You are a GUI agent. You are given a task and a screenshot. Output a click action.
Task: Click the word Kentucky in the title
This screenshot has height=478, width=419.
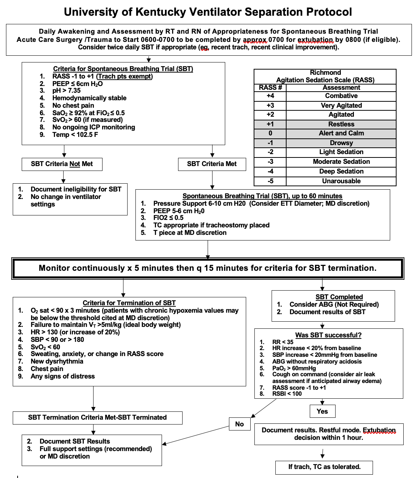pyautogui.click(x=160, y=12)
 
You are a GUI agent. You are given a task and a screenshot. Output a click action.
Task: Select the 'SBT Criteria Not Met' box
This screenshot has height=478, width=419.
pyautogui.click(x=62, y=164)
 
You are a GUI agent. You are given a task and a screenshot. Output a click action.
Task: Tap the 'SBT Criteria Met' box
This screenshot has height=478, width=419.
pyautogui.click(x=212, y=164)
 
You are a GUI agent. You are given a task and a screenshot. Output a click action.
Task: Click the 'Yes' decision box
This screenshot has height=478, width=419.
pyautogui.click(x=322, y=411)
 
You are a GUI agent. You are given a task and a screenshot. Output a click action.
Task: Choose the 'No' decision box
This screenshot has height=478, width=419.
pyautogui.click(x=239, y=424)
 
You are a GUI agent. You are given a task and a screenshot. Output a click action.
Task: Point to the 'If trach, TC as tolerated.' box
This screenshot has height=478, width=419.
pyautogui.click(x=324, y=467)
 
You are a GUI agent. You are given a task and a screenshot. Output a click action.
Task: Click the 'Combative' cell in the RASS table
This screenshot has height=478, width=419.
pyautogui.click(x=341, y=96)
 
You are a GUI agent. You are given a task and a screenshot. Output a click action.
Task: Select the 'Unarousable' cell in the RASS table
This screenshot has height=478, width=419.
pyautogui.click(x=341, y=181)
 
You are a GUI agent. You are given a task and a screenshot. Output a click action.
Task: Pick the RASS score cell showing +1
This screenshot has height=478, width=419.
pyautogui.click(x=270, y=124)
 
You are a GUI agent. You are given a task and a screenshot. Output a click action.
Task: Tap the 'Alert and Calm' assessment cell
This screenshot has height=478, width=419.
pyautogui.click(x=341, y=133)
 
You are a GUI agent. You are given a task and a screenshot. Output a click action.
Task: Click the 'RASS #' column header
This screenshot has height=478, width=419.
pyautogui.click(x=270, y=88)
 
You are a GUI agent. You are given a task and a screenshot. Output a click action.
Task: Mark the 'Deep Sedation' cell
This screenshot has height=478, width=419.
pyautogui.click(x=341, y=171)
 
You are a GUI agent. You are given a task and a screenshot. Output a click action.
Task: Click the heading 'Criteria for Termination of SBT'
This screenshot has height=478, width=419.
pyautogui.click(x=129, y=303)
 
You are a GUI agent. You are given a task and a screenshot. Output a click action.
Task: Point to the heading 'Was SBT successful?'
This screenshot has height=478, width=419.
pyautogui.click(x=328, y=335)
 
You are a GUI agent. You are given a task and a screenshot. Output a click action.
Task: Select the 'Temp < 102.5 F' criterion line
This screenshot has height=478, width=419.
pyautogui.click(x=75, y=135)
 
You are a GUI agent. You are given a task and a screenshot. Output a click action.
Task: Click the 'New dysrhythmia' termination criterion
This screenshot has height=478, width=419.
pyautogui.click(x=57, y=361)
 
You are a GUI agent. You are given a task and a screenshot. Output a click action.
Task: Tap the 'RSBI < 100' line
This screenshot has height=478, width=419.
pyautogui.click(x=287, y=393)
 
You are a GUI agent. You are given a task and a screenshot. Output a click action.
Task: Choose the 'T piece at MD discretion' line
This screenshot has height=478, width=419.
pyautogui.click(x=190, y=233)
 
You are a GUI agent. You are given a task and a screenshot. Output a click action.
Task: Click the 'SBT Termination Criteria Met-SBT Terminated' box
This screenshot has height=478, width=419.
pyautogui.click(x=97, y=417)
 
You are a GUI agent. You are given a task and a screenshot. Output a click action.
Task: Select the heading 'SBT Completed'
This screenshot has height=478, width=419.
pyautogui.click(x=339, y=297)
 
